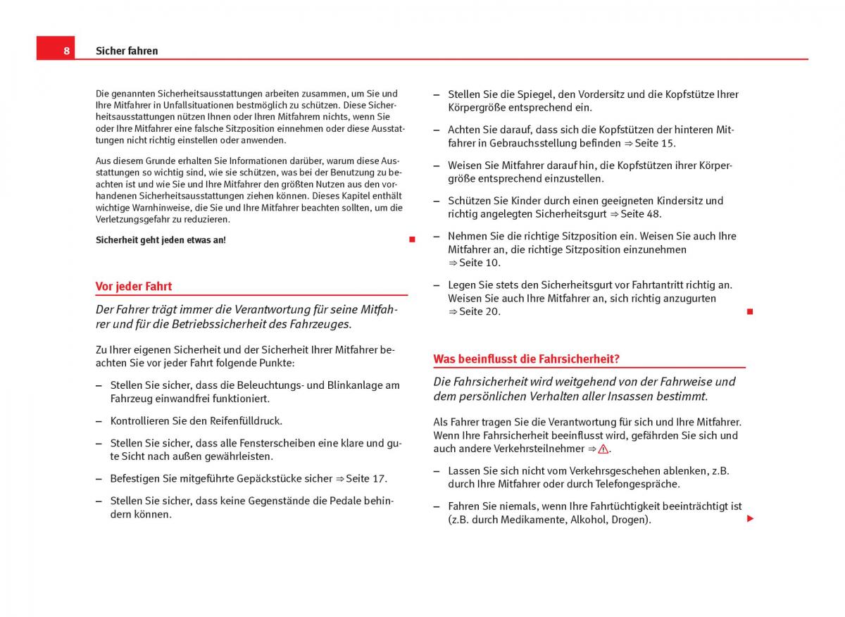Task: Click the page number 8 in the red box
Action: click(x=65, y=51)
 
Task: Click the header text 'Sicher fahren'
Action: click(x=127, y=51)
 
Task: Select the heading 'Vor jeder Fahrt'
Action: click(x=134, y=286)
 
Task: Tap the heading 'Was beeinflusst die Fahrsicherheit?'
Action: click(x=526, y=359)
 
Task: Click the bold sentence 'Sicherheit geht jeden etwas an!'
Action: click(x=161, y=240)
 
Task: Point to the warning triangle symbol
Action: click(x=603, y=449)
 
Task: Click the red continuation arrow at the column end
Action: click(x=750, y=518)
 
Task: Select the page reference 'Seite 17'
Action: click(x=365, y=478)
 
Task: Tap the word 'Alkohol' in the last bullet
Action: click(x=584, y=520)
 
